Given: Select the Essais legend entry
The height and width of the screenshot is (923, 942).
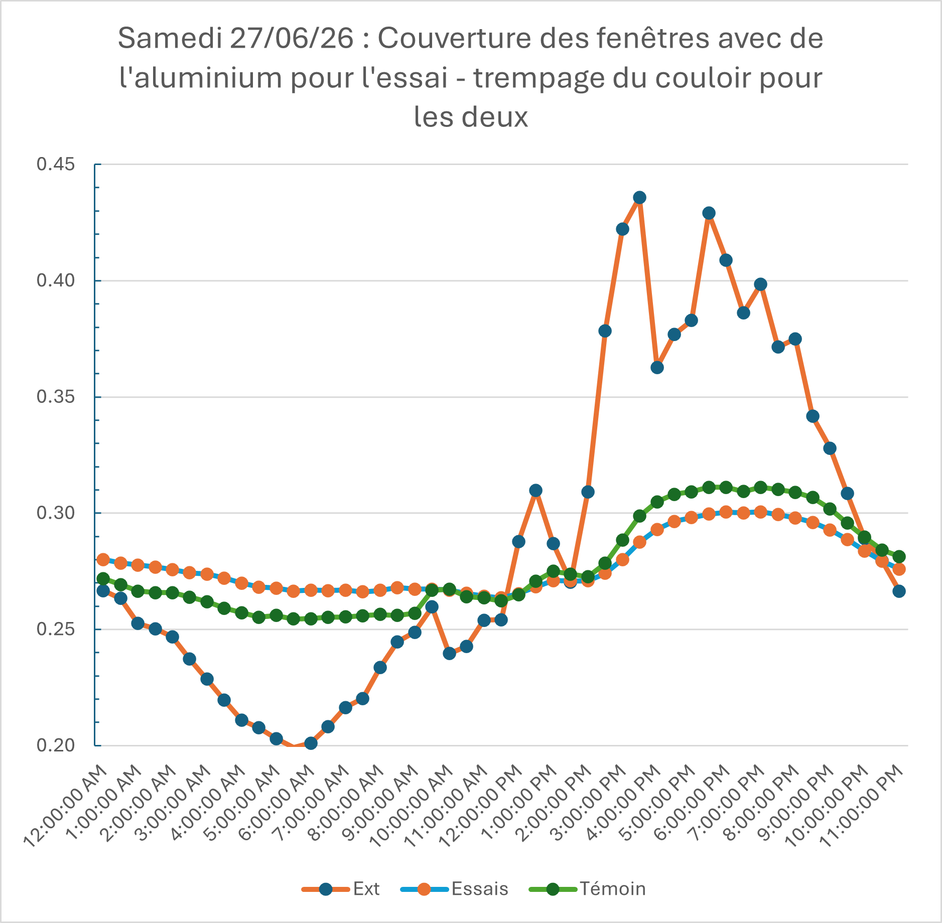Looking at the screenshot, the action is (x=455, y=888).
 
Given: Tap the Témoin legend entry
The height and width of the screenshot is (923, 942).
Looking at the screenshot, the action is (x=588, y=888).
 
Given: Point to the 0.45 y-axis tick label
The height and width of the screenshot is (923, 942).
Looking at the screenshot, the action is (x=56, y=164).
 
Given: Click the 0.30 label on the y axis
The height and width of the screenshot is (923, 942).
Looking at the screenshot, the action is (x=56, y=513).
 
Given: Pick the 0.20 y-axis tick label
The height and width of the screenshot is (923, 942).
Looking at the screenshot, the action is (x=56, y=745).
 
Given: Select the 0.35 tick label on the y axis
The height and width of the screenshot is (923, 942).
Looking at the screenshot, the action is (x=56, y=397).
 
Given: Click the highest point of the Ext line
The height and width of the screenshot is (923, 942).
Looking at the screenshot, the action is (x=639, y=198).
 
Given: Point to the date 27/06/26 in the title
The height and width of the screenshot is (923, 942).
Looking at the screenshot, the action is (x=292, y=38).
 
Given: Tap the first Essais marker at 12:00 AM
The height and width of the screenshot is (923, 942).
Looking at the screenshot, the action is (x=103, y=559).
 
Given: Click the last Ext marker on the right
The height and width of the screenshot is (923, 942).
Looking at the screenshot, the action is (x=899, y=591).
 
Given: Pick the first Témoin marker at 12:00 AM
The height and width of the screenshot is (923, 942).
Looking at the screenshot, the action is (x=103, y=579).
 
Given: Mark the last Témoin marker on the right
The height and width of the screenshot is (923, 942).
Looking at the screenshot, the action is (x=899, y=557).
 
